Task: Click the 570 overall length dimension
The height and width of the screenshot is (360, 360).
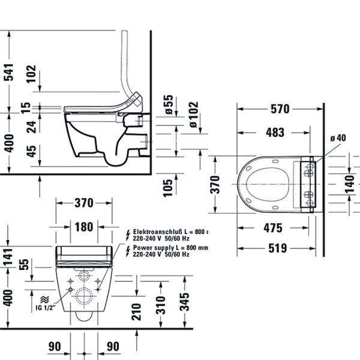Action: pos(279,109)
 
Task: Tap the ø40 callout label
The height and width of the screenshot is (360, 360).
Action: pos(338,138)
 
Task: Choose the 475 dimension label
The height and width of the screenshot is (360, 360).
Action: pos(273,228)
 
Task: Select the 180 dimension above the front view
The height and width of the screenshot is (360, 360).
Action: pos(83,226)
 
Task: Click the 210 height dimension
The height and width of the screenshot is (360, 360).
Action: pos(137,311)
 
